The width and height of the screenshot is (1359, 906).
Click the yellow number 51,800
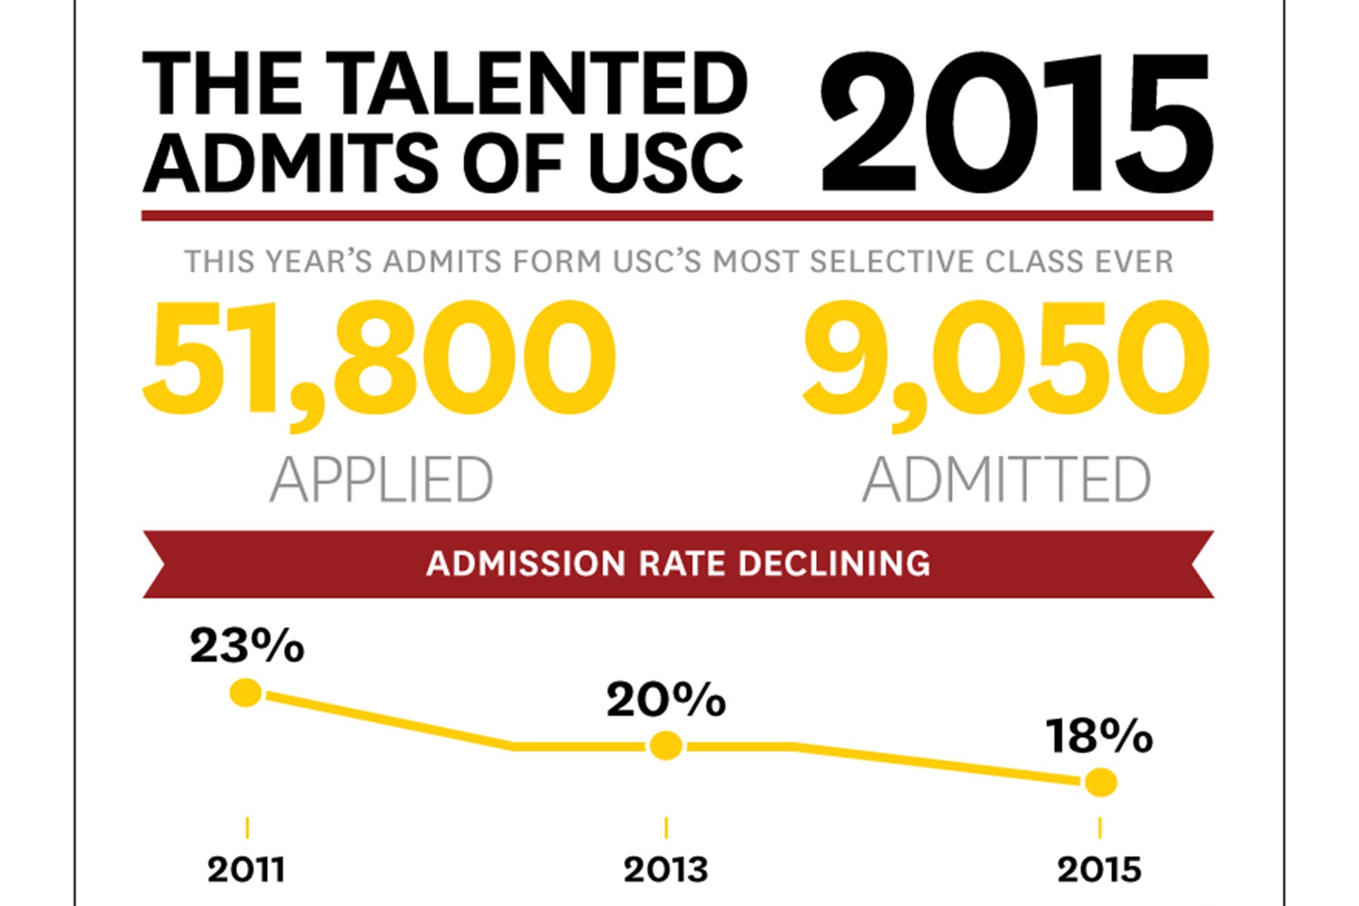[379, 359]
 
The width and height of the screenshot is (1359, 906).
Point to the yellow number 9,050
[1006, 359]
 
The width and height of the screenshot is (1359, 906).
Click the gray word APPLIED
[381, 479]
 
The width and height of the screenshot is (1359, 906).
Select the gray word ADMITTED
[1006, 479]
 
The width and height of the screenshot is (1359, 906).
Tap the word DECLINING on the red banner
[834, 564]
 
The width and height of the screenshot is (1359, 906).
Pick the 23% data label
[247, 647]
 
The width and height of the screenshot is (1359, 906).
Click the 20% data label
[666, 701]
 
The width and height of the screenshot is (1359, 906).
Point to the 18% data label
[1099, 736]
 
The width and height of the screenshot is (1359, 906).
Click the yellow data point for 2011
[246, 692]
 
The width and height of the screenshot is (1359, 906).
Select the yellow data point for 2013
[666, 746]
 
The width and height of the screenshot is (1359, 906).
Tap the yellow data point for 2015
[1100, 783]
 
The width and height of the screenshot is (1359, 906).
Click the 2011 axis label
[246, 871]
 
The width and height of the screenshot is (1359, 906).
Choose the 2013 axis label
[666, 871]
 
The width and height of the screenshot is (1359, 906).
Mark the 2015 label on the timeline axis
[1099, 871]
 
